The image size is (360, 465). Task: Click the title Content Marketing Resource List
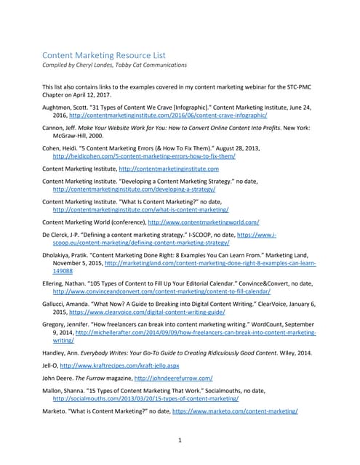click(x=104, y=54)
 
